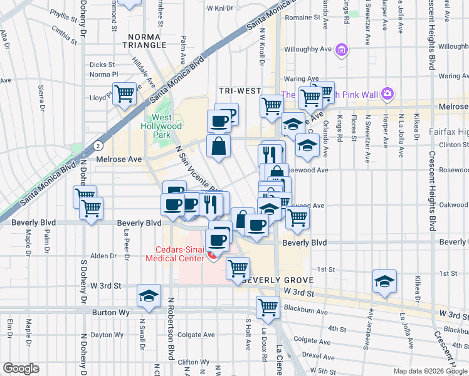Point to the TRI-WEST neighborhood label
[240, 91]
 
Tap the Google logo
[21, 368]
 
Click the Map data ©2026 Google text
[429, 371]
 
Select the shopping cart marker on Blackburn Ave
[268, 307]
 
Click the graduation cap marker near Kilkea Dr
[384, 281]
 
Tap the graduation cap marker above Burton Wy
[149, 296]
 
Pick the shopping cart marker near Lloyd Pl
[125, 94]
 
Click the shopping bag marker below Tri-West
[218, 147]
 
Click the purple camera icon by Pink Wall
[387, 94]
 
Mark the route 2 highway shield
[98, 145]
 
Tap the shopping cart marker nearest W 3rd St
[238, 268]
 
